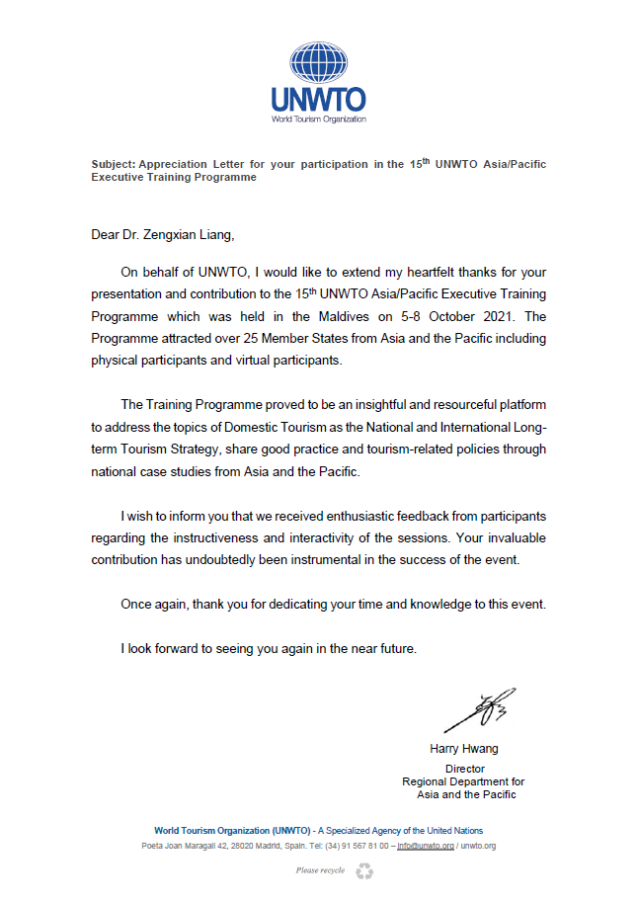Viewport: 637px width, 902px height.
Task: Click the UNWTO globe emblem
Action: coord(319,62)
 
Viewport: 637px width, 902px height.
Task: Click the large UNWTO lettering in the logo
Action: coord(319,100)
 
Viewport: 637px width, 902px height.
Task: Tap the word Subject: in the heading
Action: coord(113,165)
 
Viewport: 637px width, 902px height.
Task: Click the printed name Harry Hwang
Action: coord(464,748)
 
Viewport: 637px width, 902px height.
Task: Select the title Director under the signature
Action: coord(464,769)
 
